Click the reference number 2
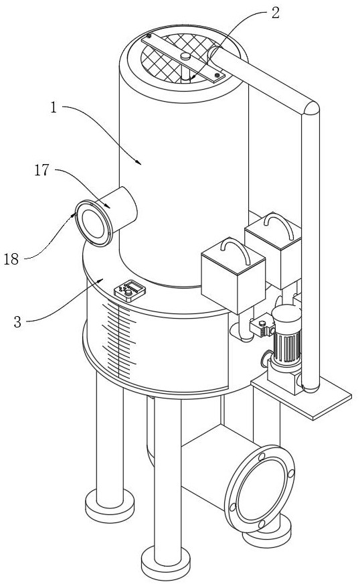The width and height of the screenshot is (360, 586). point(275,13)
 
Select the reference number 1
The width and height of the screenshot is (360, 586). point(54,108)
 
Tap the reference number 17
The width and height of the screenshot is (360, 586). point(42,170)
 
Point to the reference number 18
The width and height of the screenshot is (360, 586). point(11,259)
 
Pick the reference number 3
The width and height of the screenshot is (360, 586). point(17,321)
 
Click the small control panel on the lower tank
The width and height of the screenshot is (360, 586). point(130,290)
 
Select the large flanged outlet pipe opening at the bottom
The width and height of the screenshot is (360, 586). point(260,489)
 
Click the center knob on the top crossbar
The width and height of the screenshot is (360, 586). point(185,56)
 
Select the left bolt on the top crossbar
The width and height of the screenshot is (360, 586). point(149,36)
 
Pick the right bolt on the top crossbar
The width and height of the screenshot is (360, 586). point(217,76)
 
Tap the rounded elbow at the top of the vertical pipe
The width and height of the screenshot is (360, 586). point(310,108)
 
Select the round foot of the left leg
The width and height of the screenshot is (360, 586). point(110,506)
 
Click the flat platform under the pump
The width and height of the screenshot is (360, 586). point(301,398)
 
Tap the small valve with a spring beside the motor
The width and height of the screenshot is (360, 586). point(262,327)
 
